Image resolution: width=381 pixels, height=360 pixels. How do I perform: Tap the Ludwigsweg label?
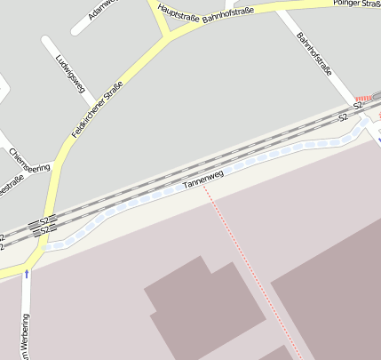pos(69,74)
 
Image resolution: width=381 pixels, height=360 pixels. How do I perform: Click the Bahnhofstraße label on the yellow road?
pos(228,13)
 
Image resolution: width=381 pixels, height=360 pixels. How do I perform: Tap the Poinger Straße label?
pos(356,4)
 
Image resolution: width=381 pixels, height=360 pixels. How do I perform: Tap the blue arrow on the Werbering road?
pos(27,274)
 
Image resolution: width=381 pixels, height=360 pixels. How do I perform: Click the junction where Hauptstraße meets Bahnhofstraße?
pos(166,34)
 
